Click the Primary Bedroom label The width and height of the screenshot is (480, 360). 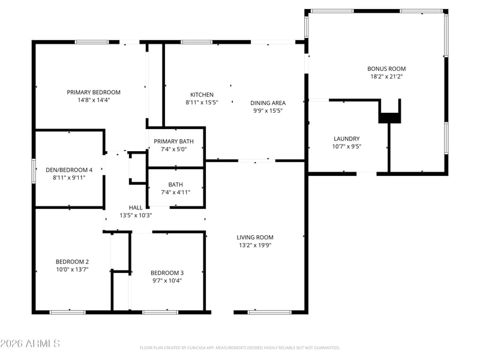pos(94,92)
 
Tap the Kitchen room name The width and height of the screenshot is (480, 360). pos(202,95)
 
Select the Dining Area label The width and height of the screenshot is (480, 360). pos(268,103)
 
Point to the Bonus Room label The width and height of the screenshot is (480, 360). pos(386,69)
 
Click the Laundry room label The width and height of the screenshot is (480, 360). pos(346,139)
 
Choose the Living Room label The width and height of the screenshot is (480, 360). pos(255,237)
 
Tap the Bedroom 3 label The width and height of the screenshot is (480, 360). pos(167,273)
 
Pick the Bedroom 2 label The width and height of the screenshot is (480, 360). pos(72,261)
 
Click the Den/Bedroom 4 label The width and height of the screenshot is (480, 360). pos(69,170)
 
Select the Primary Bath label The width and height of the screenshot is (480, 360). pos(173,141)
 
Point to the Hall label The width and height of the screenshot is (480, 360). pos(136,208)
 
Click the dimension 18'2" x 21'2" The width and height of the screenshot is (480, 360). pos(386,77)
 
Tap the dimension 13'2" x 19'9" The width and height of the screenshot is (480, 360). pos(255,245)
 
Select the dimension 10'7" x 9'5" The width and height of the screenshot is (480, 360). pos(346,146)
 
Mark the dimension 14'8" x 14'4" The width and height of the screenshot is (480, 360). pos(94,100)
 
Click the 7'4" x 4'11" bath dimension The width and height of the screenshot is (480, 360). pos(176,192)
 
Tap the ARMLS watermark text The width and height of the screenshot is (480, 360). pos(30,344)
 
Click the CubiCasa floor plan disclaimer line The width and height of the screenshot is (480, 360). pos(240,347)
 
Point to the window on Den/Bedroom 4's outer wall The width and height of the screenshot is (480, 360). pos(34,169)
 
